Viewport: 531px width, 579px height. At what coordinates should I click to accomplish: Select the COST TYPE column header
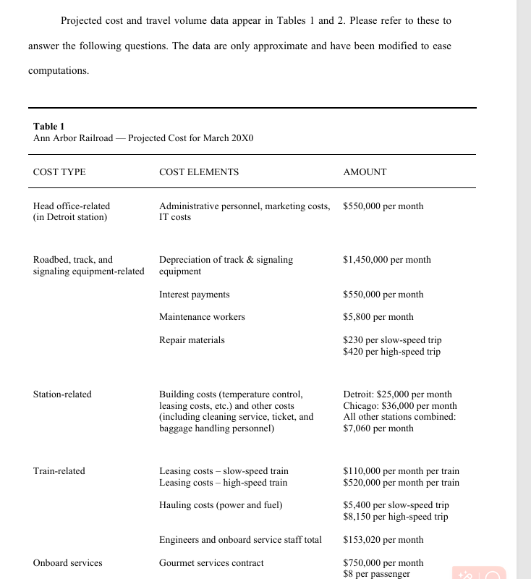point(59,172)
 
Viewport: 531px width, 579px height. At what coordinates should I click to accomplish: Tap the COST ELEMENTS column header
point(199,172)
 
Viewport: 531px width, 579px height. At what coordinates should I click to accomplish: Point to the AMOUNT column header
point(365,172)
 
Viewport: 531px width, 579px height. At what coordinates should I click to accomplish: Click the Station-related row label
point(62,394)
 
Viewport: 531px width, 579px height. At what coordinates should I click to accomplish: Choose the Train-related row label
point(59,471)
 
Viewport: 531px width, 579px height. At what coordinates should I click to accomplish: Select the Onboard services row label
point(68,563)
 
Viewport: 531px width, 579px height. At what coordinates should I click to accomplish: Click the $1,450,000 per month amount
point(387,260)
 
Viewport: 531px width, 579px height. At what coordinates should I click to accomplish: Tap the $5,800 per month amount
point(378,317)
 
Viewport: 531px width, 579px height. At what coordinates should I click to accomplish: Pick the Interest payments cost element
point(194,295)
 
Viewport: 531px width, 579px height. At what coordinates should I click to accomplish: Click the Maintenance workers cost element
point(202,317)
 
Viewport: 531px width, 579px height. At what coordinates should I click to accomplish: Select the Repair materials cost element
point(192,340)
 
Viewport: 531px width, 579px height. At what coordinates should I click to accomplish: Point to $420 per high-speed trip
point(391,352)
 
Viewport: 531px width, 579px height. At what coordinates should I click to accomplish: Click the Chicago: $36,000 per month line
point(400,406)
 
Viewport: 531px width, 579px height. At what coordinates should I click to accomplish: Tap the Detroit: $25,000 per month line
point(397,394)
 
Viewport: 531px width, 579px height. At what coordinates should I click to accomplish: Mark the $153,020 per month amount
point(383,540)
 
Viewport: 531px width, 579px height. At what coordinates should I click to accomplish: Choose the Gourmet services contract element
point(211,563)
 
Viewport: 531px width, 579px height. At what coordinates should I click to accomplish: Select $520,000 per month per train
point(401,483)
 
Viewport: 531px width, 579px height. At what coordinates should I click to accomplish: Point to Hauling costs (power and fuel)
point(221,505)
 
